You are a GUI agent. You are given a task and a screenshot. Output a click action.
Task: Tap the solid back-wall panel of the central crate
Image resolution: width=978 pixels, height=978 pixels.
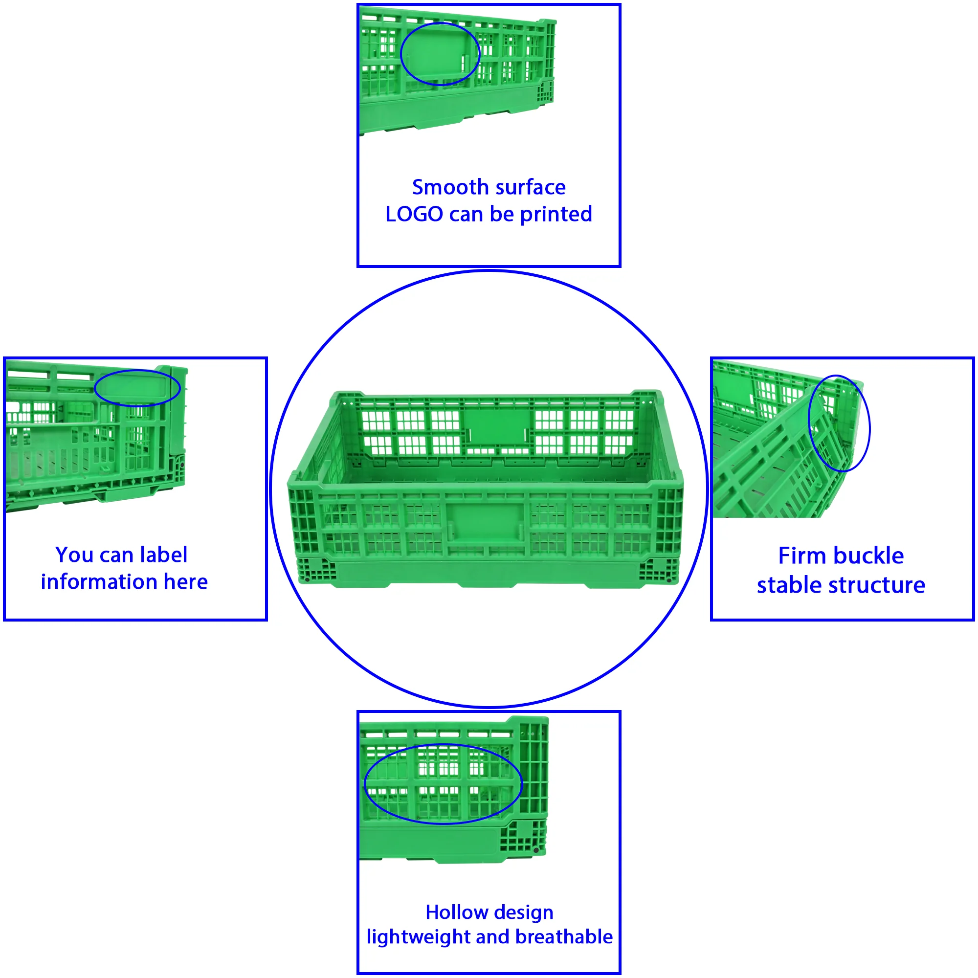point(496,426)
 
